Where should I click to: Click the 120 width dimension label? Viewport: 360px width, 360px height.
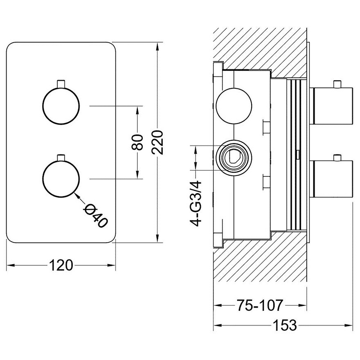pyautogui.click(x=61, y=265)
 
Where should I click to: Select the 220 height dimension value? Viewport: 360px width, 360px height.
pyautogui.click(x=157, y=142)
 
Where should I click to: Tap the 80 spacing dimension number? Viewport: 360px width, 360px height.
pyautogui.click(x=137, y=142)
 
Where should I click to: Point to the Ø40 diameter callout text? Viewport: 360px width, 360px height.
pyautogui.click(x=95, y=216)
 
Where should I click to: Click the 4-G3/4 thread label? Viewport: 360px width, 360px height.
pyautogui.click(x=195, y=203)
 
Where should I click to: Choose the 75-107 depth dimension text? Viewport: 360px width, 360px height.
pyautogui.click(x=259, y=305)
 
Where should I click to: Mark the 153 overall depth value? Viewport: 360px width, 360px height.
pyautogui.click(x=285, y=325)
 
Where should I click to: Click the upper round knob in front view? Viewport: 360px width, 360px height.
pyautogui.click(x=61, y=106)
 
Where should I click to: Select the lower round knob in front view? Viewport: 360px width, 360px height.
pyautogui.click(x=61, y=179)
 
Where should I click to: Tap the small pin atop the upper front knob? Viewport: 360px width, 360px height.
pyautogui.click(x=61, y=84)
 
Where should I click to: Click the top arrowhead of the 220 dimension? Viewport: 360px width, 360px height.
pyautogui.click(x=157, y=47)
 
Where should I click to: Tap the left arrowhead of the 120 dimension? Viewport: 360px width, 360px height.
pyautogui.click(x=11, y=265)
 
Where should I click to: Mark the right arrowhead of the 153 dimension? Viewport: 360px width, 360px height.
pyautogui.click(x=349, y=325)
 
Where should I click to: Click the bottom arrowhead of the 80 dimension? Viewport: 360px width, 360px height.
pyautogui.click(x=137, y=175)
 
